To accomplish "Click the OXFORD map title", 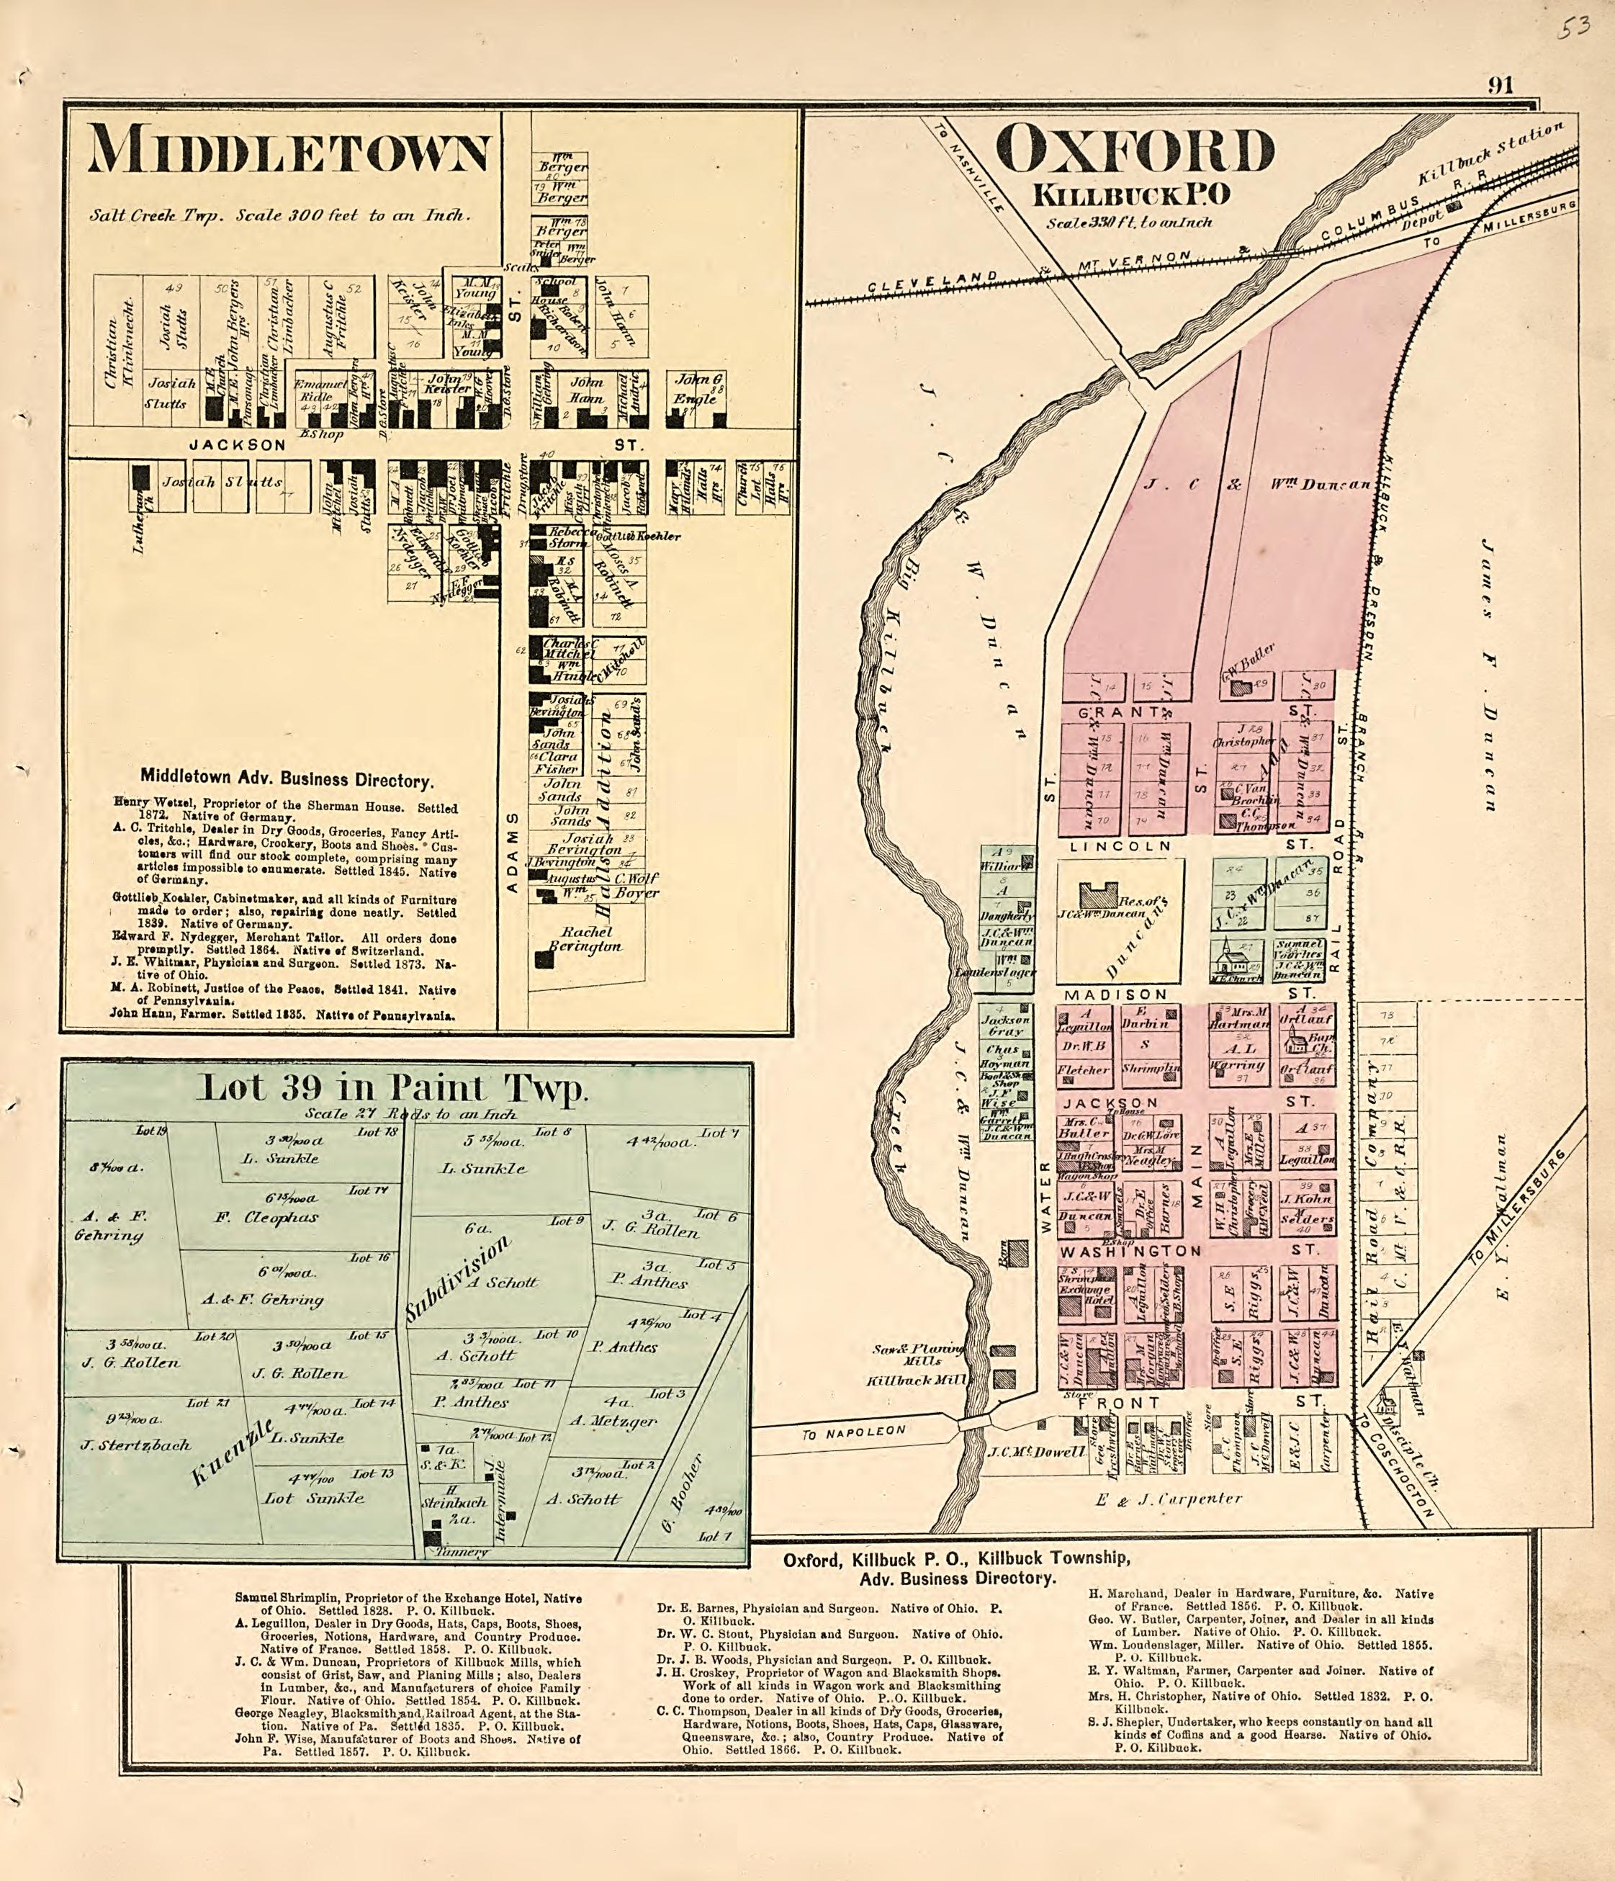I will click(x=1134, y=153).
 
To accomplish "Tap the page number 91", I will click(x=1500, y=85).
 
